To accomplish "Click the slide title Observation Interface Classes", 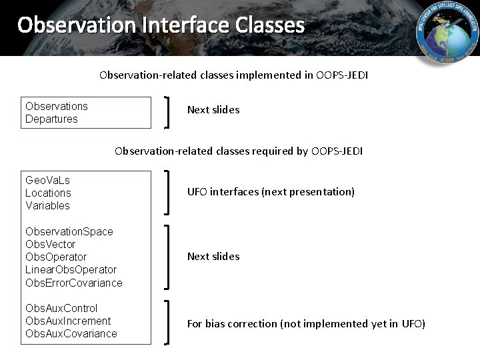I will coord(161,25).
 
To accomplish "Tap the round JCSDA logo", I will coord(447,33).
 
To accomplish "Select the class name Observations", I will coord(57,106).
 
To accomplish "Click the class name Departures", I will coord(51,119).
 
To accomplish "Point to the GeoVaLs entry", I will coord(47,180).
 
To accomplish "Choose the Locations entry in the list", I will coord(48,193).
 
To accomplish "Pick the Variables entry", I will coord(47,205).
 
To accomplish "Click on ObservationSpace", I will coord(69,231).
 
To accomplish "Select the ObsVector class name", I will coord(51,244).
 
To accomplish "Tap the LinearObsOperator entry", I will coord(71,269).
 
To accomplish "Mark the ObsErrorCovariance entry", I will coord(74,283).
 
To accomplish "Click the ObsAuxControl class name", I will coord(61,308).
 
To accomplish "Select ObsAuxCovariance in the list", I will coord(71,333).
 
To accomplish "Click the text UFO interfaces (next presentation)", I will coord(271,192).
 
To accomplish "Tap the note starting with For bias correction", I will coord(306,324).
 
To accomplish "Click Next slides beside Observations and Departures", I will coord(213,110).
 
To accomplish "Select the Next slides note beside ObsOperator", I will coord(213,257).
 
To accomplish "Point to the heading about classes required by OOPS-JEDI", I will coord(239,151).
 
